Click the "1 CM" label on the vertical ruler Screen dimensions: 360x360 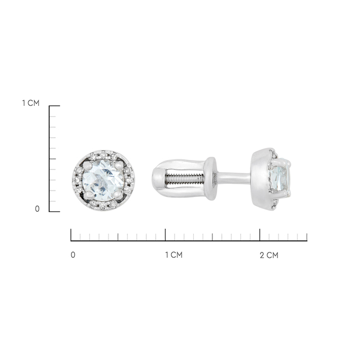(31, 103)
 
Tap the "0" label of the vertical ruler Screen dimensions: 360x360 (37, 209)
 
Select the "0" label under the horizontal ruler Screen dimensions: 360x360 (73, 255)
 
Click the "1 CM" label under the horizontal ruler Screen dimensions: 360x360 (174, 255)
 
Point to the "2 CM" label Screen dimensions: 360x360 (269, 255)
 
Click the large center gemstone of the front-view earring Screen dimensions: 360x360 (103, 177)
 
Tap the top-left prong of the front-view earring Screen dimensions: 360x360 (87, 165)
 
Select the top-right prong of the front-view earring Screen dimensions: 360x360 (119, 165)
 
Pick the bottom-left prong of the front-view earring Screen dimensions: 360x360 (88, 195)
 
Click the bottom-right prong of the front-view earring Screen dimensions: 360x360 (118, 195)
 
